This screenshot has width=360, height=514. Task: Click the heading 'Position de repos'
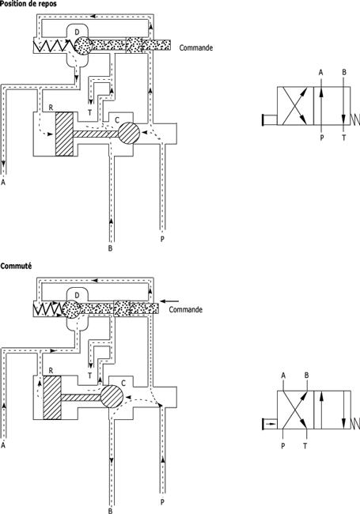click(x=28, y=4)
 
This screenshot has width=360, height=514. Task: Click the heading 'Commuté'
click(x=16, y=266)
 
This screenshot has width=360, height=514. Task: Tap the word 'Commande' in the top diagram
click(x=196, y=48)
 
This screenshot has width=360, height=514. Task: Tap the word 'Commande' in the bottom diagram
click(x=186, y=310)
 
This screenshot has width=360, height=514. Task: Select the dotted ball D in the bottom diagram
click(x=71, y=308)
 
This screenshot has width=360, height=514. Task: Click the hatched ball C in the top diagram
click(x=129, y=133)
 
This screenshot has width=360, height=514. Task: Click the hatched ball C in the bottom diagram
click(x=112, y=397)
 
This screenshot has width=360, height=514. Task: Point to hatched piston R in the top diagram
click(x=64, y=134)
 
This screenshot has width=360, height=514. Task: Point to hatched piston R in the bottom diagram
click(x=52, y=397)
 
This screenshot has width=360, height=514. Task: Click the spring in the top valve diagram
click(x=53, y=46)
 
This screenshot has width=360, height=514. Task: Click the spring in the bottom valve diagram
click(x=48, y=309)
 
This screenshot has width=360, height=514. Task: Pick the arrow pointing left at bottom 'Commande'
click(x=170, y=301)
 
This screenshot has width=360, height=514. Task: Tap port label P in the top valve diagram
click(x=162, y=239)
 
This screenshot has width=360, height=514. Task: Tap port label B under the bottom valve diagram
click(x=110, y=511)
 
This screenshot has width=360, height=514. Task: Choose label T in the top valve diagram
click(x=90, y=112)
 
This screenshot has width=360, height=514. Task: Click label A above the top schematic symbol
click(x=321, y=72)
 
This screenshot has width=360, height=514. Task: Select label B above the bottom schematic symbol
click(x=306, y=375)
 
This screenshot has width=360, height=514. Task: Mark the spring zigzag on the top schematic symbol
click(x=355, y=119)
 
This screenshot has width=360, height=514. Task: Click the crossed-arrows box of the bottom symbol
click(x=295, y=410)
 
